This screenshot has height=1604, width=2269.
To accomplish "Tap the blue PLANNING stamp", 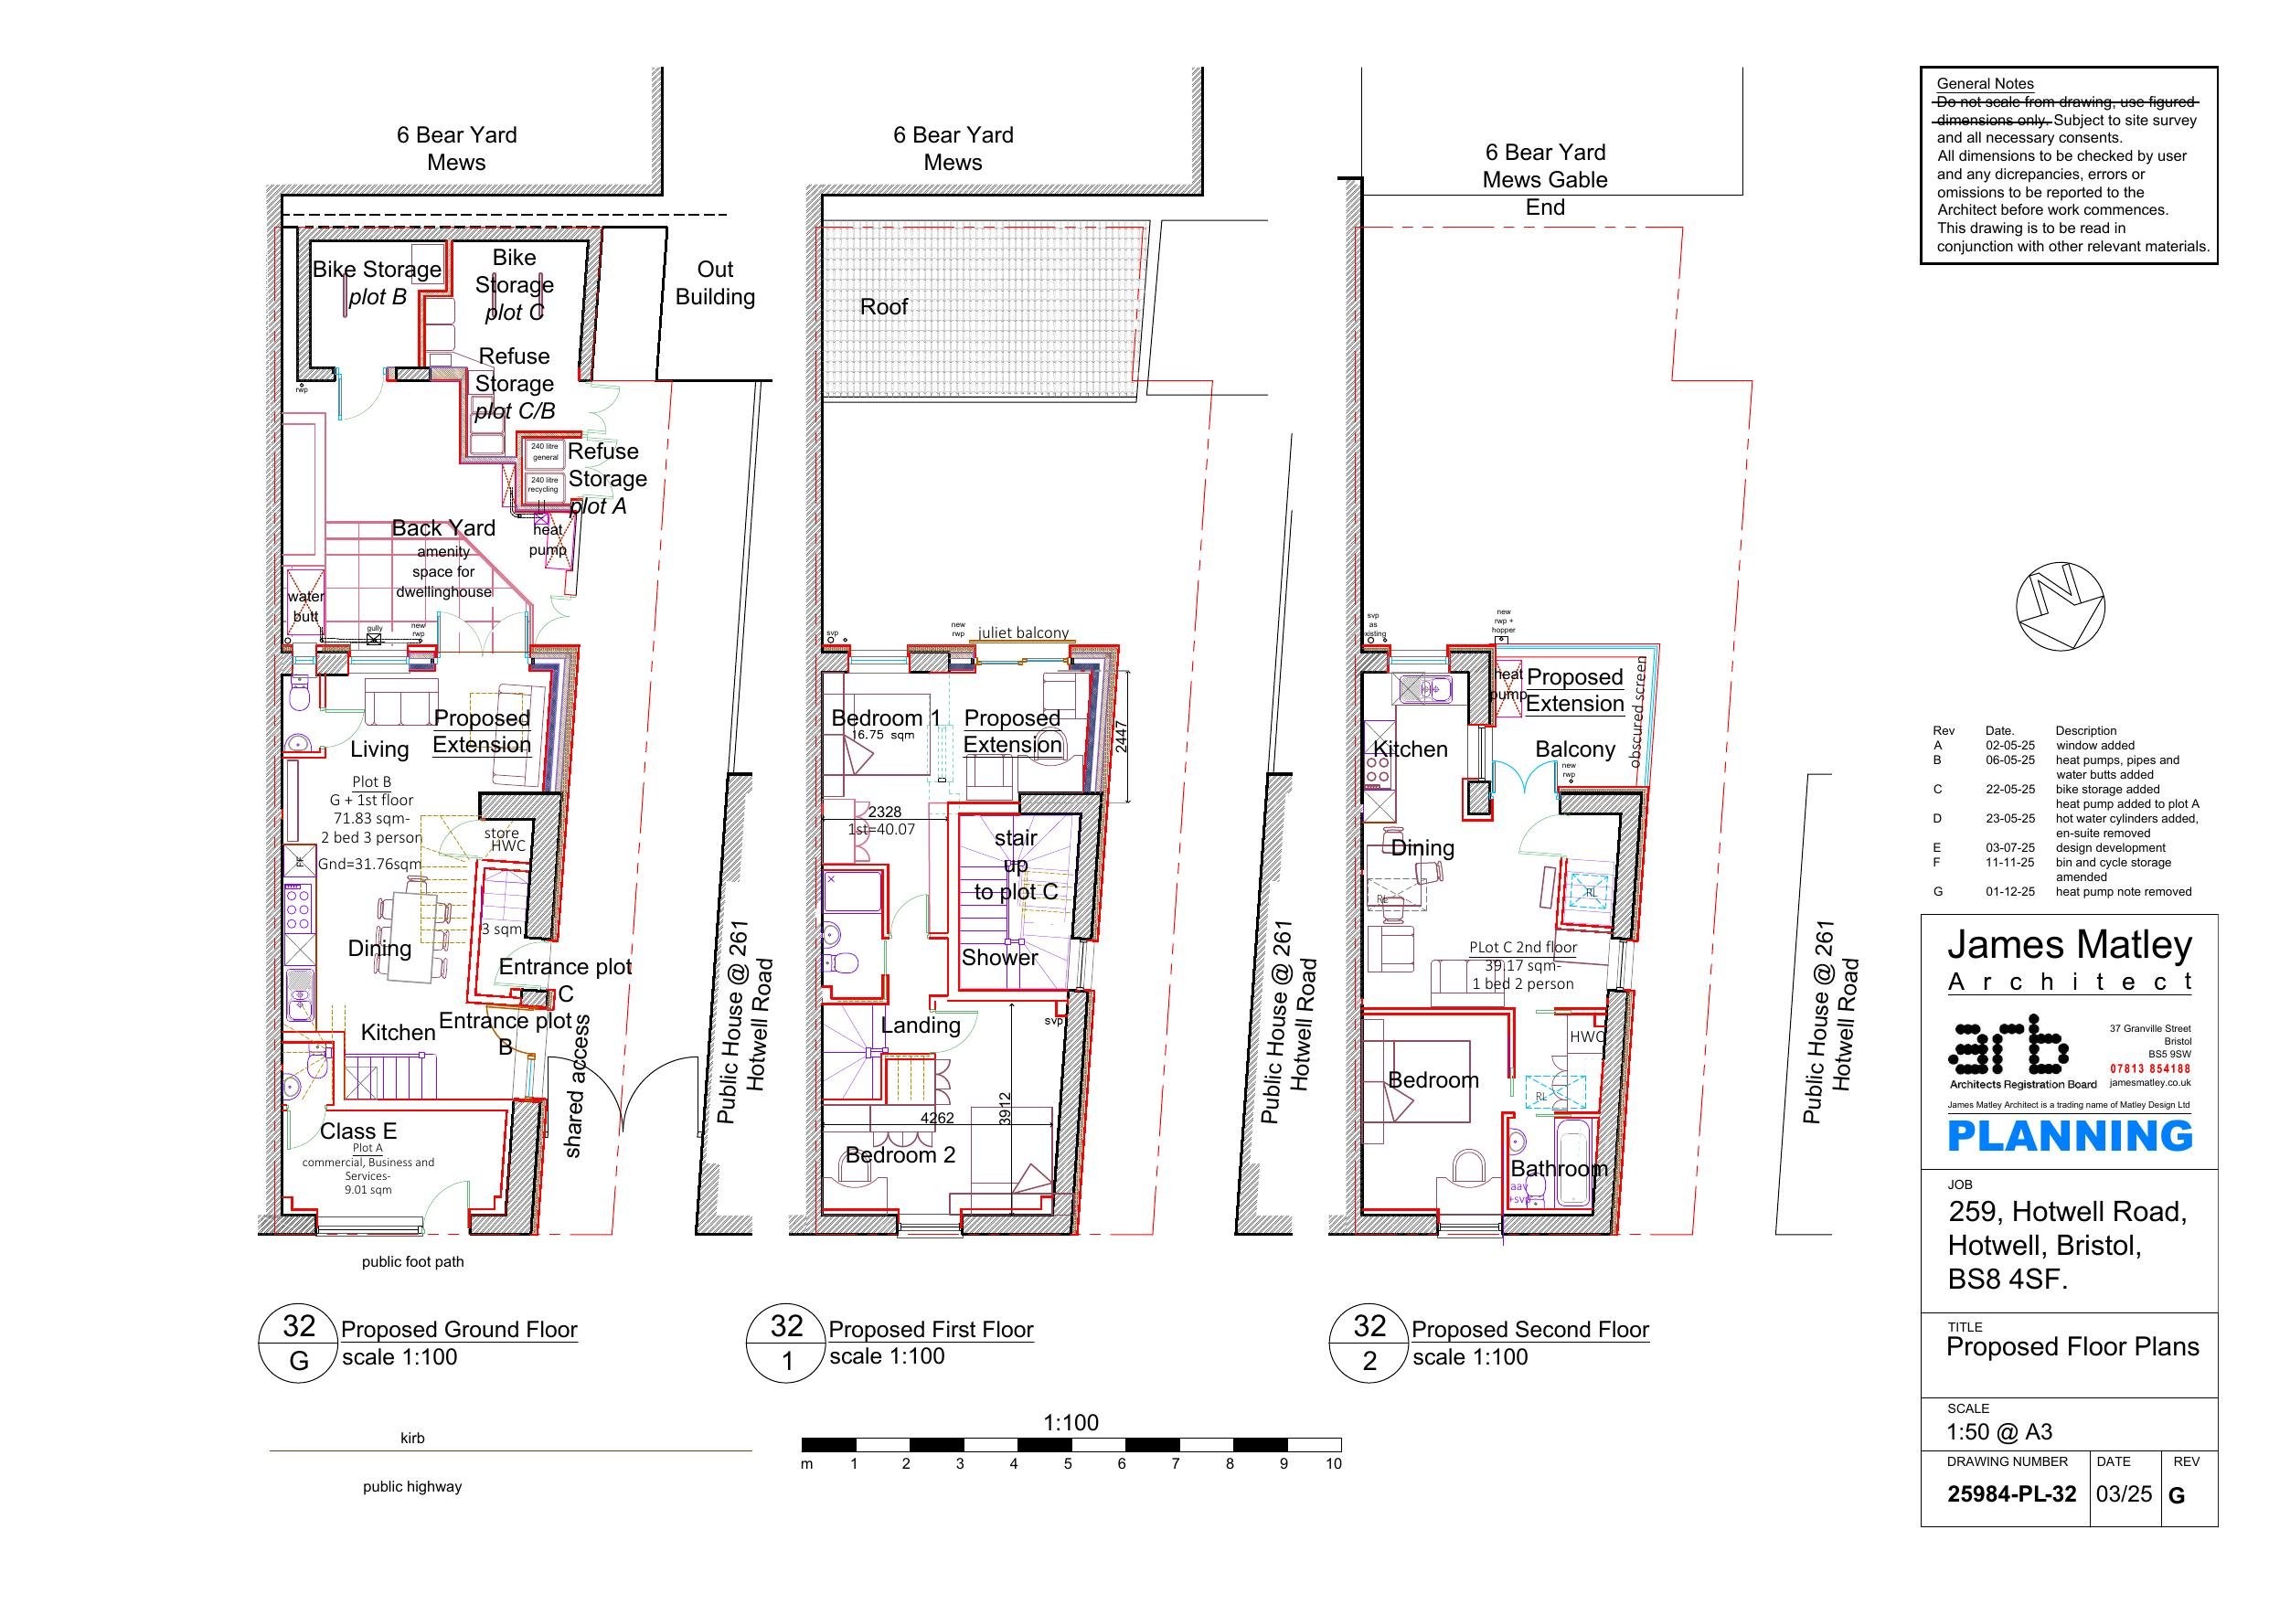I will click(x=2070, y=1137).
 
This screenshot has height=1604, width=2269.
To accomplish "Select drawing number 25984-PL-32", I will click(x=2011, y=1494).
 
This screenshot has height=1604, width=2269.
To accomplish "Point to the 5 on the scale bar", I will click(x=1067, y=1463).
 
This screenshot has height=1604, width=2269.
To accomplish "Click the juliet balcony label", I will click(x=1023, y=632).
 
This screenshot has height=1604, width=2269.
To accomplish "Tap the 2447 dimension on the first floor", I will click(x=1121, y=737).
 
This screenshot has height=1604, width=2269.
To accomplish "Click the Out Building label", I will click(x=715, y=282).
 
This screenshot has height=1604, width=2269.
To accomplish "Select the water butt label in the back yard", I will click(x=305, y=606).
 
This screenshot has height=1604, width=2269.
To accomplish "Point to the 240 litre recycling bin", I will click(x=544, y=484).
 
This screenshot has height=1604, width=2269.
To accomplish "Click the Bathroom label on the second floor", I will click(x=1559, y=1168).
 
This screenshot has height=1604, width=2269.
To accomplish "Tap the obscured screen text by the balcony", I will click(x=1637, y=712).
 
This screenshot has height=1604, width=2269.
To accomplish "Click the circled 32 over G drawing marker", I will click(x=298, y=1344).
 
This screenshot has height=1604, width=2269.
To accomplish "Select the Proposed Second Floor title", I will click(x=1529, y=1329).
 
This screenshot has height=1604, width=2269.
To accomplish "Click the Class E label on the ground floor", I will click(x=357, y=1131).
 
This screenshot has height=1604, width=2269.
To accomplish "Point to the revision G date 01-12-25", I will click(x=2010, y=891).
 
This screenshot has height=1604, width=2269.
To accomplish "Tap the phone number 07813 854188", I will click(x=2150, y=1068).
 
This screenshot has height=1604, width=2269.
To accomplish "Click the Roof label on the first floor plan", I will click(x=883, y=306).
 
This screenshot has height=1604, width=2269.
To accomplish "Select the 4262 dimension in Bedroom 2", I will click(x=937, y=1118).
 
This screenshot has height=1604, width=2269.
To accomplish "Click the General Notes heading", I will click(x=1985, y=84).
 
